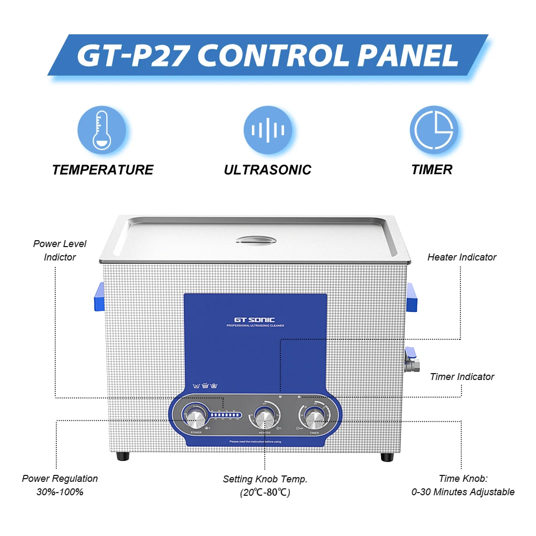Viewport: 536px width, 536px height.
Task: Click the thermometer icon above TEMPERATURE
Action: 102,130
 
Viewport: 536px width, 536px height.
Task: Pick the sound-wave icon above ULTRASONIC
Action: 268,130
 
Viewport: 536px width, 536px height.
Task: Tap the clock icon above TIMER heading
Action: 434,130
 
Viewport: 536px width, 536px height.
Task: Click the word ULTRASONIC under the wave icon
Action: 267,170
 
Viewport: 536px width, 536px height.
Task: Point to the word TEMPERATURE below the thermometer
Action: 102,170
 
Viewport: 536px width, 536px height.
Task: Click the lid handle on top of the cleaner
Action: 255,240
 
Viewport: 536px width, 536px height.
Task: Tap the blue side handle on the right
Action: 411,297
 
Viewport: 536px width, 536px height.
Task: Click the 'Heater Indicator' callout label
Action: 461,257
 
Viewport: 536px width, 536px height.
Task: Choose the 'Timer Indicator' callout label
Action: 462,377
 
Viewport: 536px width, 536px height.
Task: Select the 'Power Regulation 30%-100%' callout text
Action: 60,485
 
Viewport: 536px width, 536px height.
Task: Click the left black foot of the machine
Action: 123,457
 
